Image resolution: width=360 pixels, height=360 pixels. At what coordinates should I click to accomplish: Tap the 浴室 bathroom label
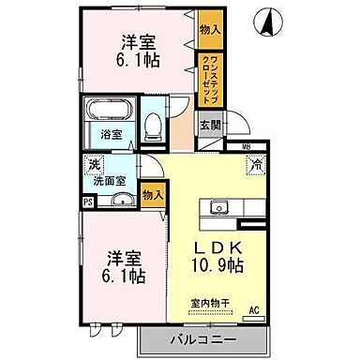pos(112,134)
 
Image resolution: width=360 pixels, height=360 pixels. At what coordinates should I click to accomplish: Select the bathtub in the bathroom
pos(112,112)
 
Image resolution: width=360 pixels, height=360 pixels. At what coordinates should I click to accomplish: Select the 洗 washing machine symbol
pos(93,166)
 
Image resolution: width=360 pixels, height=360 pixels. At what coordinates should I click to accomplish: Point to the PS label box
pos(88,202)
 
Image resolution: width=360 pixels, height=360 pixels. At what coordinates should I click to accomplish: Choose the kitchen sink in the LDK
pos(221,206)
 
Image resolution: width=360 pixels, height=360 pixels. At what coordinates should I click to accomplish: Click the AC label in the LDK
pos(253,311)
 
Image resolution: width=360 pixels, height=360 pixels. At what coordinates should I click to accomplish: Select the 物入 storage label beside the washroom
pos(151,194)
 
